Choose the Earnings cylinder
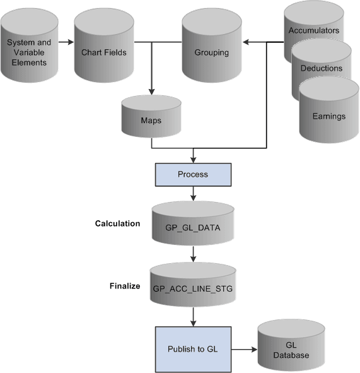click(x=328, y=116)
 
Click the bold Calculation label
click(x=117, y=223)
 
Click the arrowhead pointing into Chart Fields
click(x=70, y=43)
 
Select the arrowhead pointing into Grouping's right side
click(x=247, y=43)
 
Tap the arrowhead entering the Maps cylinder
click(x=151, y=92)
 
